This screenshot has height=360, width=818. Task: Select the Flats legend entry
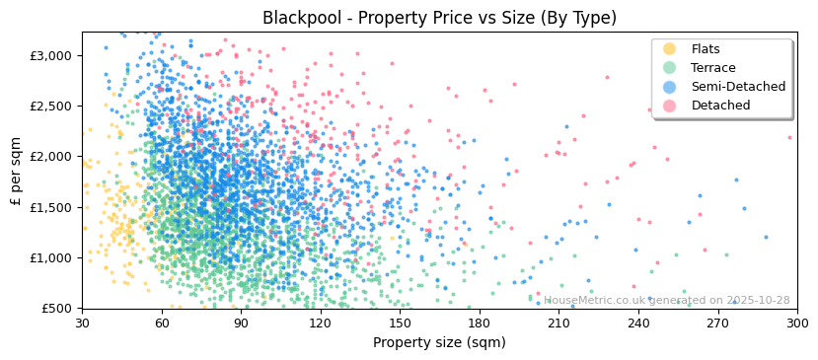(705, 49)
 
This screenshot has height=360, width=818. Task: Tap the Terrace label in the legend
(712, 68)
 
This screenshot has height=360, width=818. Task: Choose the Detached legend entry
(720, 106)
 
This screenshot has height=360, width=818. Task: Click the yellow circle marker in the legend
(670, 49)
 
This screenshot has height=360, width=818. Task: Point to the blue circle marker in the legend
(670, 87)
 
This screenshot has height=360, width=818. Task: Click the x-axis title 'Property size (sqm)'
(439, 343)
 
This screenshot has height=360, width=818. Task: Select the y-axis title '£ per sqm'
(17, 170)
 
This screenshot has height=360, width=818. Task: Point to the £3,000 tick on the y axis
(52, 55)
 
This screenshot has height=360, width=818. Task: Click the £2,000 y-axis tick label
(52, 157)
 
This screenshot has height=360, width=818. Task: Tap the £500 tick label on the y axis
(56, 309)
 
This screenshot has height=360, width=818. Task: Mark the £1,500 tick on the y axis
(52, 207)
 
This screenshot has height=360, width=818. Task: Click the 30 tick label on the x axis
(82, 324)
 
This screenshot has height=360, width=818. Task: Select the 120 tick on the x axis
(321, 324)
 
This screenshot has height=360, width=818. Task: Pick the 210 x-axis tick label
(558, 324)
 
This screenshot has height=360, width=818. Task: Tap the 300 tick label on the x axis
(797, 324)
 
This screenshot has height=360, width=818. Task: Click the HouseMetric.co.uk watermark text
(666, 301)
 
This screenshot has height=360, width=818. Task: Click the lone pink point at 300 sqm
(789, 137)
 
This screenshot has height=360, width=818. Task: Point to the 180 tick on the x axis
(480, 324)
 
